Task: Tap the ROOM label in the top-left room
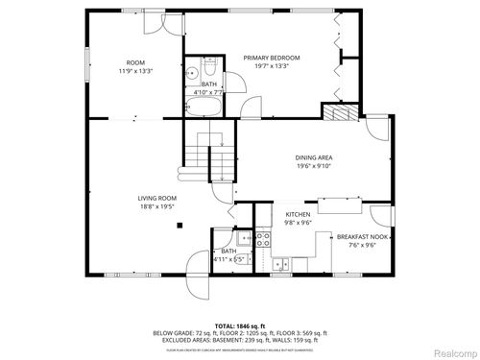coord(135,62)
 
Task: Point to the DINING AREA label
coord(314,156)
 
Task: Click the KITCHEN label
coord(298,214)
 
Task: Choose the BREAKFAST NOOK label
coord(361,235)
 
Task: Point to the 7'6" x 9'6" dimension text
coord(361,244)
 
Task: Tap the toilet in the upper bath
coord(192,72)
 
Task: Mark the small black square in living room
coord(179,226)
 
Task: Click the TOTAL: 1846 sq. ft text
coord(239,326)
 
